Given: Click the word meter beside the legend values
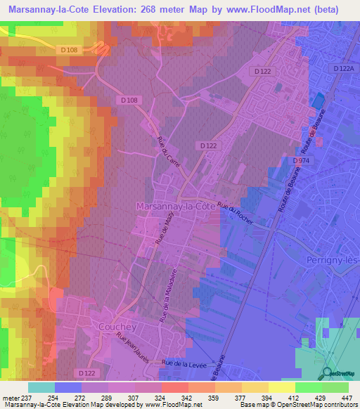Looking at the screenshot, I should pyautogui.click(x=11, y=397).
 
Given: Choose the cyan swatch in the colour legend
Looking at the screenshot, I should pyautogui.click(x=41, y=387).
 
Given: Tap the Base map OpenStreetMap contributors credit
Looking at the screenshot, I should pyautogui.click(x=297, y=405).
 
